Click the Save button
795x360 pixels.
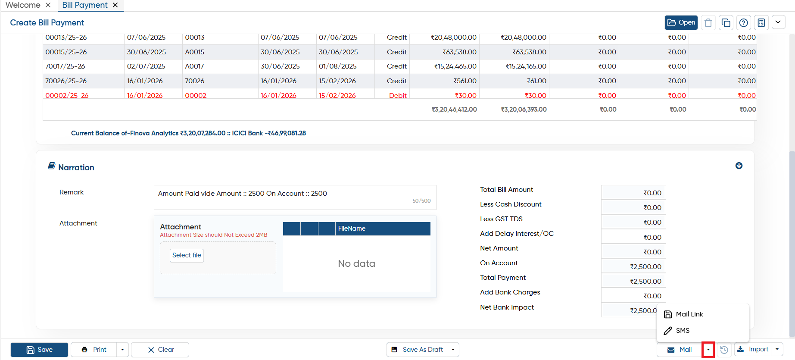[39, 350]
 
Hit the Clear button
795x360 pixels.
[160, 350]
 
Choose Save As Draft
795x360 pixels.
[417, 350]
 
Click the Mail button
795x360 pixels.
[680, 350]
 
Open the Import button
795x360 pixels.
[754, 350]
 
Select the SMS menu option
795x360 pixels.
[683, 331]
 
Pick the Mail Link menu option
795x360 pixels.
[689, 314]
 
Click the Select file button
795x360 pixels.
[187, 255]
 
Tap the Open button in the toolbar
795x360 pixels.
[681, 22]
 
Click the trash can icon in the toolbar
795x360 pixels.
[708, 22]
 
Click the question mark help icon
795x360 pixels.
[743, 22]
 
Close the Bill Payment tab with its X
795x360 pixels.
[115, 5]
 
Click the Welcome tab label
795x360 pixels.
[23, 5]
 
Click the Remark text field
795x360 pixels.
[295, 197]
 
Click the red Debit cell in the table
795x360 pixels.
[398, 95]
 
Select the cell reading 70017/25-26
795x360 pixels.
[65, 66]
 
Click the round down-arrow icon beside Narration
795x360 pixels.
[739, 166]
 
